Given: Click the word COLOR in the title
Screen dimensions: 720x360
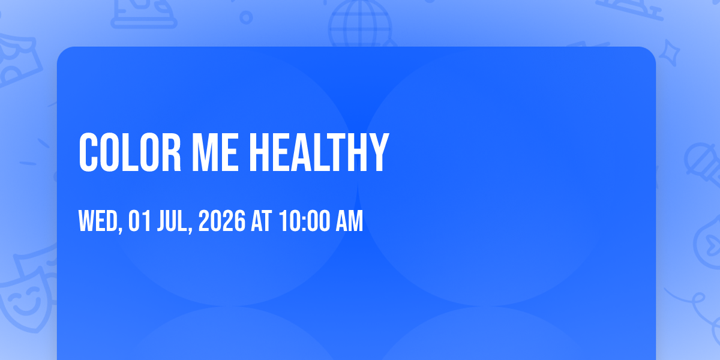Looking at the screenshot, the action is click(130, 152).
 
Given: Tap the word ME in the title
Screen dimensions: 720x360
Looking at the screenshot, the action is click(215, 152).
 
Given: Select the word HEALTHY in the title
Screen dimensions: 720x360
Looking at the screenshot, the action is click(319, 152).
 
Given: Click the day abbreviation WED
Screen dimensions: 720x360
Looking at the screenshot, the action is click(98, 221).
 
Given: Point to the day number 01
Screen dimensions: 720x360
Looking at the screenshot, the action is click(139, 221).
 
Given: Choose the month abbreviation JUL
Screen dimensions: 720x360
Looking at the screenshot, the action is click(172, 221).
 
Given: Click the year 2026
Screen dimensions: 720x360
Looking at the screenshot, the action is click(222, 221).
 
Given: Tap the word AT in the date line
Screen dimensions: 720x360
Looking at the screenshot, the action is click(262, 221).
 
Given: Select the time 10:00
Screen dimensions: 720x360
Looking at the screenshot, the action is click(304, 221).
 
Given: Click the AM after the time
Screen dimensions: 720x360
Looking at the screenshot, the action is click(349, 221).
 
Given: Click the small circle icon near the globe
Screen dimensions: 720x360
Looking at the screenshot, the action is click(246, 17).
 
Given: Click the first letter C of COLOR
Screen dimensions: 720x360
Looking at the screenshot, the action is click(88, 152).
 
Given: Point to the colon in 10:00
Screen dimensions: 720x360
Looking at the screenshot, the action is click(304, 223).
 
